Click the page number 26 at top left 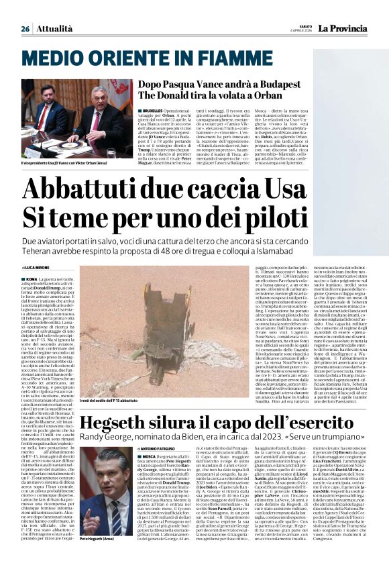25,29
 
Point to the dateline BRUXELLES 155,109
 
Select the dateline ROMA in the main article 30,278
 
